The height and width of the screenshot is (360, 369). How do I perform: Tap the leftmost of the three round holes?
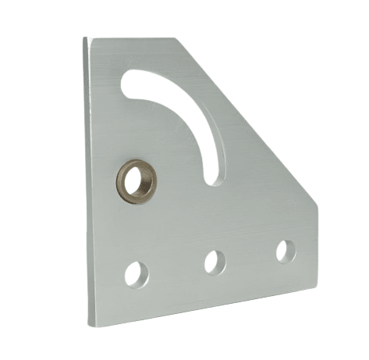coord(136,273)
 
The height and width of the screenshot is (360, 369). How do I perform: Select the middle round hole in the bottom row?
coord(215,262)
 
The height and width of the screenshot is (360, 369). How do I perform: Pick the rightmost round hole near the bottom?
coord(286,251)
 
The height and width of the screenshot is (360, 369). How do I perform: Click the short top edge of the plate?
coord(133,39)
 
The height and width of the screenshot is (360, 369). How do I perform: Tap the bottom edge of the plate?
coord(203,307)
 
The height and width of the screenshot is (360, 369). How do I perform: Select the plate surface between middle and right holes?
coord(250,256)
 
